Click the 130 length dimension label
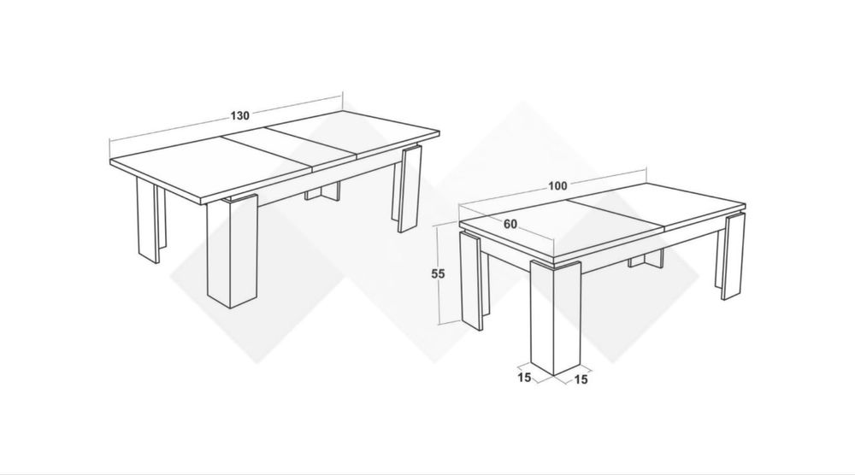(x=240, y=115)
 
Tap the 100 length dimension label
(x=557, y=185)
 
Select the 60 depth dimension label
(x=510, y=225)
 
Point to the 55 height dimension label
(x=439, y=274)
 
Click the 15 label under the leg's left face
(x=525, y=378)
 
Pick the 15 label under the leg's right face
(x=581, y=379)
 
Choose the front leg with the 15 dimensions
(x=555, y=317)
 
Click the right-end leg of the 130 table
(x=407, y=188)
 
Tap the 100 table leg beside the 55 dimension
(x=472, y=281)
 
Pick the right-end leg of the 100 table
(x=731, y=256)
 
